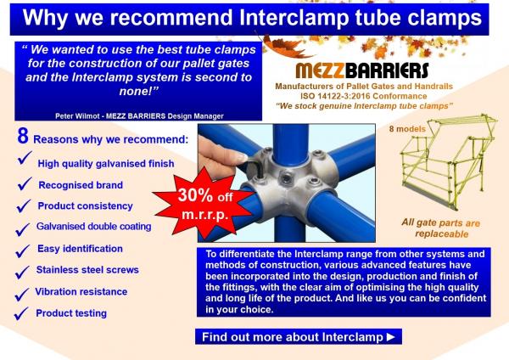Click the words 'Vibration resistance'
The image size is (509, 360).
(x=81, y=291)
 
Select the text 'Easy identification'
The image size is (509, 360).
(x=80, y=249)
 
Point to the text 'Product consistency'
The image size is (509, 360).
(x=85, y=205)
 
